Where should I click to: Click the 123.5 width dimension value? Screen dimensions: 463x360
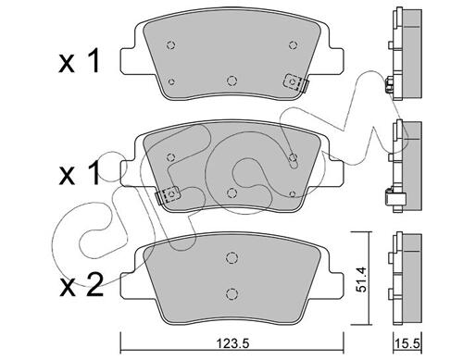point(232,343)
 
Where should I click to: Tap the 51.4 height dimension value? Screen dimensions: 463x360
point(361,279)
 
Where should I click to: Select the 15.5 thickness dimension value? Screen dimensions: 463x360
point(407,343)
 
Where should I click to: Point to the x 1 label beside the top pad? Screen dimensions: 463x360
point(80,61)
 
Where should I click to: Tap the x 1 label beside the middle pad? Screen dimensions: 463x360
point(80,173)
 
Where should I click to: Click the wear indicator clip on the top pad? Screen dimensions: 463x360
point(295,82)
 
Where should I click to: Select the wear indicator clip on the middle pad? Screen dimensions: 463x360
point(168,195)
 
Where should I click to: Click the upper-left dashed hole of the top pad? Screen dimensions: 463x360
point(170,45)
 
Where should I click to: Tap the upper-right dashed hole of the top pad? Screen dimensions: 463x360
point(293,45)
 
